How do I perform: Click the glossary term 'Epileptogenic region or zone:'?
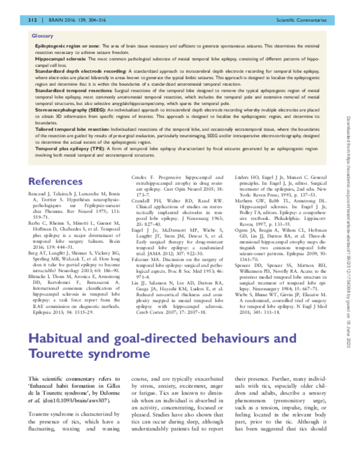click(x=66, y=46)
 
